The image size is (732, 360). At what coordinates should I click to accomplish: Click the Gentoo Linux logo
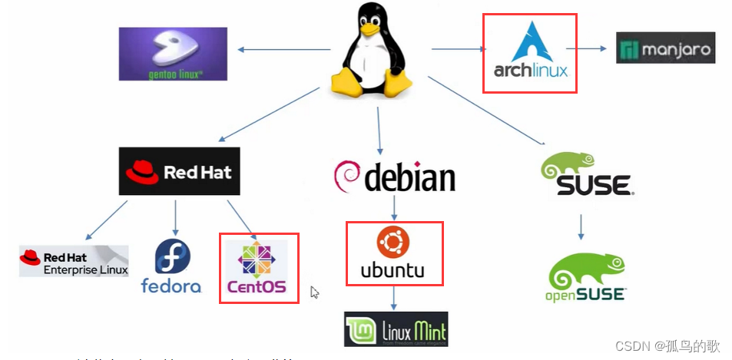pyautogui.click(x=173, y=54)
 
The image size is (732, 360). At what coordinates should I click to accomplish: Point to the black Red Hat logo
pyautogui.click(x=180, y=170)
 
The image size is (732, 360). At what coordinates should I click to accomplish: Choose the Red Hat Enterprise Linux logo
pyautogui.click(x=74, y=261)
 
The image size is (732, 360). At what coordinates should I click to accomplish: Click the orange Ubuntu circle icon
pyautogui.click(x=392, y=242)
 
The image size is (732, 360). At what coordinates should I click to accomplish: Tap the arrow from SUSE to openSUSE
pyautogui.click(x=581, y=226)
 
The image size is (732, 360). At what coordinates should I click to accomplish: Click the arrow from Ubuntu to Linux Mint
pyautogui.click(x=393, y=298)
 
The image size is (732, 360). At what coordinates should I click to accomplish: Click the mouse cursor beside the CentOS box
pyautogui.click(x=314, y=292)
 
